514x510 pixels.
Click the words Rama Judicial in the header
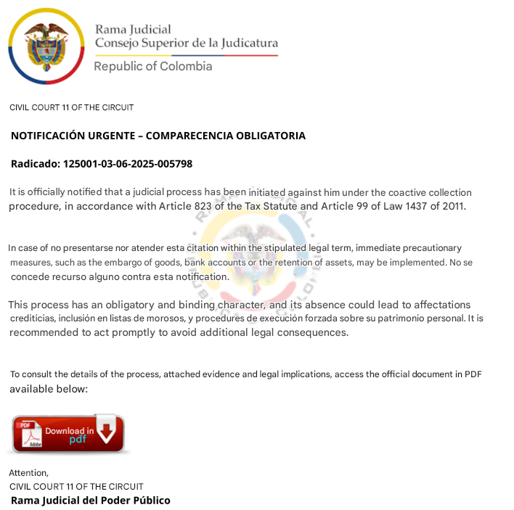(133, 30)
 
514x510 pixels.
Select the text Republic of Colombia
(153, 67)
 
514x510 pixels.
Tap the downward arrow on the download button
(107, 429)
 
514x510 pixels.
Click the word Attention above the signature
(28, 473)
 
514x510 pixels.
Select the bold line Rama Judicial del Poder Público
(91, 501)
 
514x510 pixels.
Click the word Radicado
(34, 164)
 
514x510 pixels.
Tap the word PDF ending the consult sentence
(473, 374)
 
